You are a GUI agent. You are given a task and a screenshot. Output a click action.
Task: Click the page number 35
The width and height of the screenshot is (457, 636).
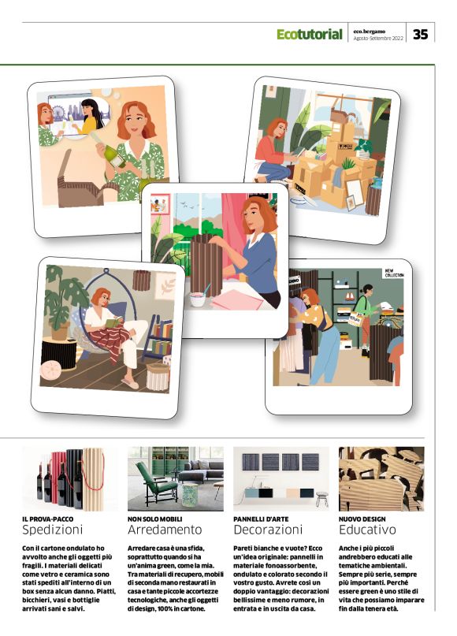click(x=421, y=34)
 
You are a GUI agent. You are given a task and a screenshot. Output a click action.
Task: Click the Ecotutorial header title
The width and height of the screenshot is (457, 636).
click(x=310, y=34)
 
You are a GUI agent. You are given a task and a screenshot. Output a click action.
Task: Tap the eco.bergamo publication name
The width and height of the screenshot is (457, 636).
click(x=370, y=32)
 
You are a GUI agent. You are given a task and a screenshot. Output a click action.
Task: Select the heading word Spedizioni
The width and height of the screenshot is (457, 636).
click(x=52, y=530)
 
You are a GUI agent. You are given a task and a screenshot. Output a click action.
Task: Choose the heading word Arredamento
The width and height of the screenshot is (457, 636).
click(x=165, y=530)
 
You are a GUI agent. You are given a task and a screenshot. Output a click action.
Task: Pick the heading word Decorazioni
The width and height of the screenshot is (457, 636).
click(x=268, y=530)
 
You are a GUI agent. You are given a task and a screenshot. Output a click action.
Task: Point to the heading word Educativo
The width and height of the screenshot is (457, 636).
click(x=367, y=530)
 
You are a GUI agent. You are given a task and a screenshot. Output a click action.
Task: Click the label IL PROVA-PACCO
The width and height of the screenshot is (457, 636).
click(x=48, y=519)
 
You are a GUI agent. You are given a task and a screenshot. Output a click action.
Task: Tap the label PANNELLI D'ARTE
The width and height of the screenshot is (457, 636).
click(x=261, y=519)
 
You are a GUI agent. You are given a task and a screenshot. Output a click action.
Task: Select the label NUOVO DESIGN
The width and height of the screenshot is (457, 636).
click(x=362, y=519)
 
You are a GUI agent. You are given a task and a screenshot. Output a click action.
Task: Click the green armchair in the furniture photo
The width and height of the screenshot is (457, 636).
click(x=156, y=482)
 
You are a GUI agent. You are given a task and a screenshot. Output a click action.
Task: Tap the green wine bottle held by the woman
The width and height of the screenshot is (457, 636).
click(x=109, y=151)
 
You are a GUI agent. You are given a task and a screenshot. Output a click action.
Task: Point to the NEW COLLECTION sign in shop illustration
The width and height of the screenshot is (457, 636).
click(x=394, y=273)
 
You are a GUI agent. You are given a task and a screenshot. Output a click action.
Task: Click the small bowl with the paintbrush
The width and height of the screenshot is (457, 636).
click(x=199, y=298)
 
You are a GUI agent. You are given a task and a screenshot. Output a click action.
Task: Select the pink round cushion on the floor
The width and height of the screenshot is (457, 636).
click(x=50, y=370)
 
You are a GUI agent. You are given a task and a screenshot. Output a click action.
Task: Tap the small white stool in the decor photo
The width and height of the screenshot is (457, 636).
click(x=321, y=499)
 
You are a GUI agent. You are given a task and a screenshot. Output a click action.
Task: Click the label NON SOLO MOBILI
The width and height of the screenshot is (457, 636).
click(x=155, y=519)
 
